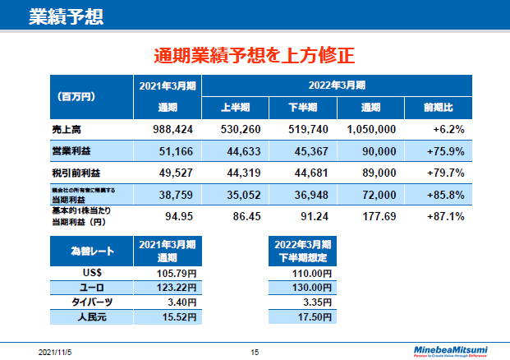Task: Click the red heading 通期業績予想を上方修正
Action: tap(254, 56)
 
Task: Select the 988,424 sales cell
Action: tap(172, 129)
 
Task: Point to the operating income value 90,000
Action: tap(379, 151)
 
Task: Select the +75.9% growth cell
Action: tap(446, 151)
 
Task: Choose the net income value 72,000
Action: tap(379, 195)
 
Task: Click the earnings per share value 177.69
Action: tap(379, 217)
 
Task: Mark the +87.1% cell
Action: tap(446, 217)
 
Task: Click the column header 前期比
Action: tap(438, 108)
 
